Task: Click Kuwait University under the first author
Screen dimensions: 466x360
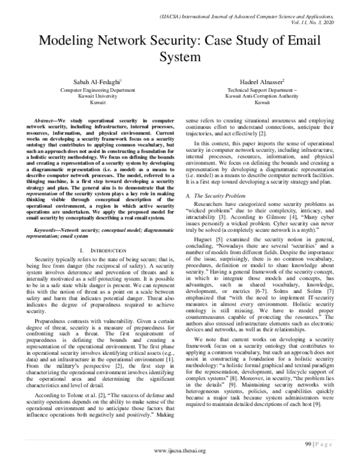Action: click(89, 95)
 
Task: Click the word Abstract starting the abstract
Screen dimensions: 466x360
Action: click(47, 121)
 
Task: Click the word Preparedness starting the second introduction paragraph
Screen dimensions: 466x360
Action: click(53, 329)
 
